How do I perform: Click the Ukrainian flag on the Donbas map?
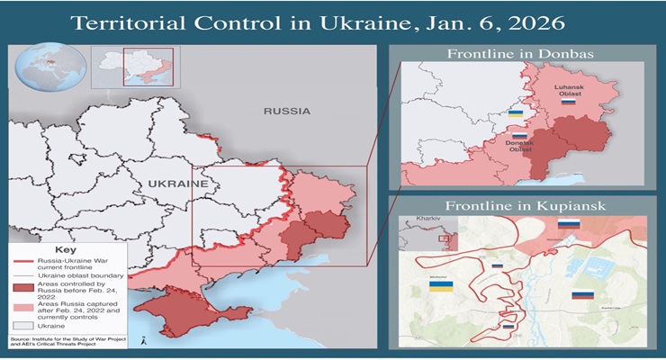point(517,113)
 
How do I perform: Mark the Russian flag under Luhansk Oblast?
point(568,103)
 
